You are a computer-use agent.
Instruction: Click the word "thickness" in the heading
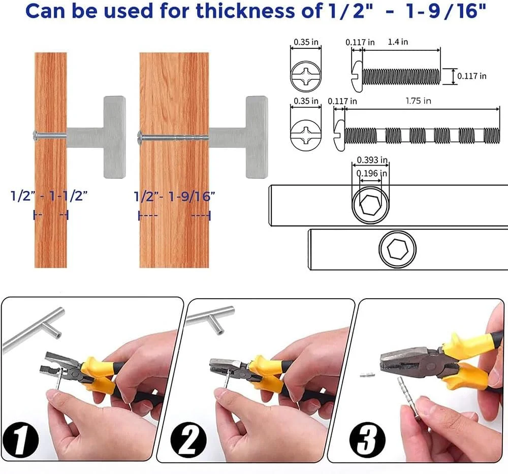click(x=247, y=11)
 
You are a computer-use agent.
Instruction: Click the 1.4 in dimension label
click(x=398, y=42)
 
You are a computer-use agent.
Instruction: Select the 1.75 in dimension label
click(x=418, y=101)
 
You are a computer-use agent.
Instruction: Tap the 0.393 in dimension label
click(x=372, y=160)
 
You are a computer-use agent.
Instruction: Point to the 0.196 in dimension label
click(x=372, y=173)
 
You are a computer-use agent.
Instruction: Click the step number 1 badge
click(x=21, y=439)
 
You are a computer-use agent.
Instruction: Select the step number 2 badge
click(x=188, y=440)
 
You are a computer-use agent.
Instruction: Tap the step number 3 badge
click(x=367, y=439)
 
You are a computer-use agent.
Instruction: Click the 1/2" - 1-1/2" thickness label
click(x=49, y=196)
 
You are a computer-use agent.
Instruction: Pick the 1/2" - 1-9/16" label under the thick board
click(x=174, y=196)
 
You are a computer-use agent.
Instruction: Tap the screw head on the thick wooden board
click(x=140, y=137)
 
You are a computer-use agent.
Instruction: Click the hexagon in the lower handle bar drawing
click(x=398, y=249)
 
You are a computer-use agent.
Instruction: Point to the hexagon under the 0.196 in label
click(x=370, y=205)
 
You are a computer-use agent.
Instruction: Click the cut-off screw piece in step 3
click(x=367, y=375)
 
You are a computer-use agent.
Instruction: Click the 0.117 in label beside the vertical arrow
click(x=472, y=76)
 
